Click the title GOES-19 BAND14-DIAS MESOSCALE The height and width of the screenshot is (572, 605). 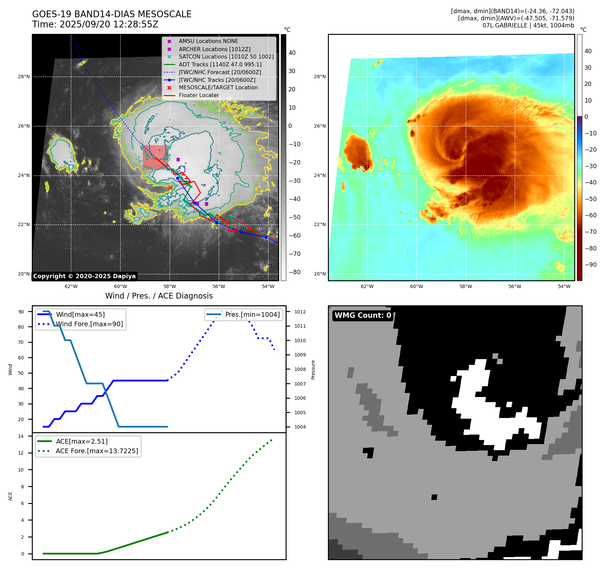pos(112,14)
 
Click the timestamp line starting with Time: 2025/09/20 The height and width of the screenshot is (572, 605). pos(95,24)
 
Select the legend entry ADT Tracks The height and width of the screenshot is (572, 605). pos(220,64)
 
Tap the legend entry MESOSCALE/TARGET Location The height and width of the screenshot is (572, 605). pos(218,87)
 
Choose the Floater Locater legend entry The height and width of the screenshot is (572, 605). pos(199,95)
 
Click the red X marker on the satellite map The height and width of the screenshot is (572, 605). pos(170,188)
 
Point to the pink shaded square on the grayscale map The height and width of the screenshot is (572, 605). pos(155,157)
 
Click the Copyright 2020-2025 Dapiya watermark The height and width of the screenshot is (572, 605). pos(84,276)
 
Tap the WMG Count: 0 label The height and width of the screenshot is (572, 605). pos(363,315)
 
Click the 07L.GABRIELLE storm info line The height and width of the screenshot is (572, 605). pos(528,25)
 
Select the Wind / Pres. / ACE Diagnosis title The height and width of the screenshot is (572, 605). pos(159,296)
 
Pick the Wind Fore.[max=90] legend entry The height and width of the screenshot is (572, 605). pos(89,324)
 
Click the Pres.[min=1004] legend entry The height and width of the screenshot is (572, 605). pos(252,314)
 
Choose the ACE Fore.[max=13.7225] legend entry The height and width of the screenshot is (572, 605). pos(97,451)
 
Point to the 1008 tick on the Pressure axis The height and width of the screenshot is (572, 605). pos(300,369)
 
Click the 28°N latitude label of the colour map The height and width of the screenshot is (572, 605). pos(319,76)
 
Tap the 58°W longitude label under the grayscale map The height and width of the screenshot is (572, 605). pos(170,286)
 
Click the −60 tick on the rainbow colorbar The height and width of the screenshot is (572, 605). pos(590,215)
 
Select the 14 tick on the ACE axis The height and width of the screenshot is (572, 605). pos(21,436)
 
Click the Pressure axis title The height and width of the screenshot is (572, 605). pos(313,370)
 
